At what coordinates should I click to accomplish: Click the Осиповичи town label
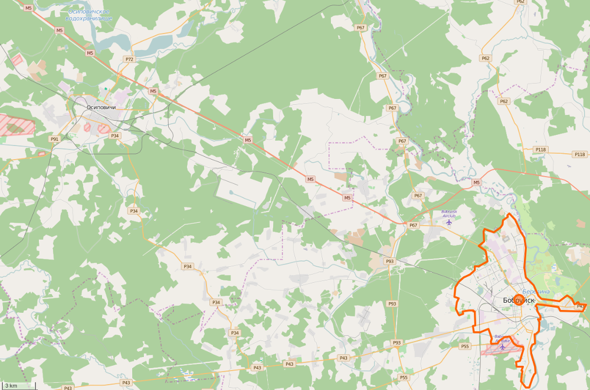click(x=101, y=107)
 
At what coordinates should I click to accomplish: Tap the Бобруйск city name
click(x=519, y=300)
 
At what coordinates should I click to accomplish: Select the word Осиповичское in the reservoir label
click(x=88, y=11)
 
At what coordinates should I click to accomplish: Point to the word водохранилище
click(x=88, y=18)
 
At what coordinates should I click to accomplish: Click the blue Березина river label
click(x=536, y=292)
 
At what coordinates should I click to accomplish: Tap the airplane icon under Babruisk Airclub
click(x=450, y=222)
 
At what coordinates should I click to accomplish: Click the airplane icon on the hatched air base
click(x=503, y=346)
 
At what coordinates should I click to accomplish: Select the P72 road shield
click(x=129, y=59)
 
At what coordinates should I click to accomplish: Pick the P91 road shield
click(x=55, y=139)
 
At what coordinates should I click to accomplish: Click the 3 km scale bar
click(x=18, y=386)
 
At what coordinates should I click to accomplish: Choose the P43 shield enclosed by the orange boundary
click(x=580, y=306)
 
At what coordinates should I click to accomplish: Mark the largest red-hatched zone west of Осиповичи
click(x=16, y=125)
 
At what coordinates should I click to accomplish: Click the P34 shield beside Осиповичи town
click(x=115, y=135)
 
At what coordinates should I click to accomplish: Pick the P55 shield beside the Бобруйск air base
click(x=465, y=346)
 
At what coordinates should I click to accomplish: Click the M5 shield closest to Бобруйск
click(x=476, y=183)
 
